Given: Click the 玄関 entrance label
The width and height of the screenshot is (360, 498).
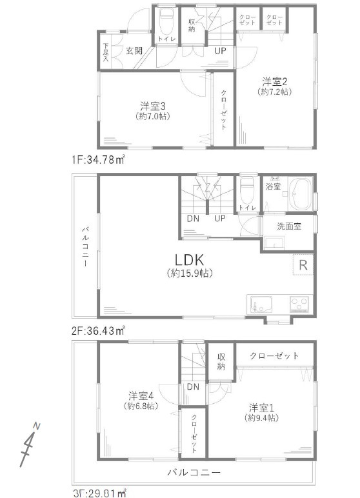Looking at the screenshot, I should point(134,50).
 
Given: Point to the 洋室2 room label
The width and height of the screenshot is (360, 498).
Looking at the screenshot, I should point(274,81).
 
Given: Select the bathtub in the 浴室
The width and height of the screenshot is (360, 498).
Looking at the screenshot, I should point(299,194).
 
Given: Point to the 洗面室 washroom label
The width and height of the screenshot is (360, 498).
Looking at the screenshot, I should point(290,226).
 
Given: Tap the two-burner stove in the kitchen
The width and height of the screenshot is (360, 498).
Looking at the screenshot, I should point(300,303).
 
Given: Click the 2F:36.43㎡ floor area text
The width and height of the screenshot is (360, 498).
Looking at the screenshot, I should point(99,329).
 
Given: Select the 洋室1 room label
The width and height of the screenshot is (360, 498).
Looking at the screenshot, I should point(263,407).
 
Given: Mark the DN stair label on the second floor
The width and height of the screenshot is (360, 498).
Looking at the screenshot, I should point(193,218).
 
